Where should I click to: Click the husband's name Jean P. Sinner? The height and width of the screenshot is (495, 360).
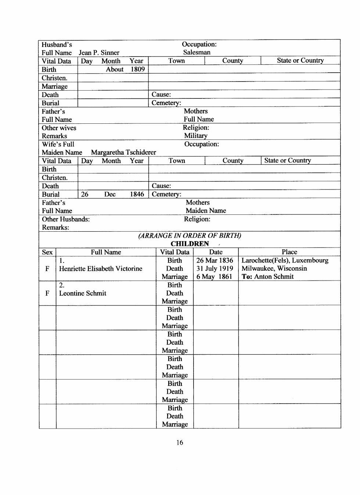point(99,53)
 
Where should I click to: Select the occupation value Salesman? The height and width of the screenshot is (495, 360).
point(197,53)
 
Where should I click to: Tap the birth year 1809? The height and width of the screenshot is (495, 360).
point(138,69)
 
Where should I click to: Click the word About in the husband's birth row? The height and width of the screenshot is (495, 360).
point(115,69)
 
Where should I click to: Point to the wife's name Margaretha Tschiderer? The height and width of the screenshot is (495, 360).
point(123,152)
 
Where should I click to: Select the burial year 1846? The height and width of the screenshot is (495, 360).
point(137,194)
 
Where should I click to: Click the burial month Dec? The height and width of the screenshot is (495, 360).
point(110,194)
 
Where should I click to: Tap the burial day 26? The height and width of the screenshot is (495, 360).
point(84,194)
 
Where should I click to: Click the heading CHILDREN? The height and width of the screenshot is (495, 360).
point(190,244)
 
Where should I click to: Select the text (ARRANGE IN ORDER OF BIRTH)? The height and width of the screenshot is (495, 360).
point(190,236)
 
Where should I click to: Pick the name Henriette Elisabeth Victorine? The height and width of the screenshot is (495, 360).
point(101,269)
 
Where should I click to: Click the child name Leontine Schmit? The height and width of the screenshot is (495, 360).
point(83,293)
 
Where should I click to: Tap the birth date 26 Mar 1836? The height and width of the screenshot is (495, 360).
point(215,261)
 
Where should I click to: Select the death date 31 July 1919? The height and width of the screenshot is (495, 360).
point(215,269)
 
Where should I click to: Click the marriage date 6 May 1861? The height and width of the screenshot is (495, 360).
point(214,277)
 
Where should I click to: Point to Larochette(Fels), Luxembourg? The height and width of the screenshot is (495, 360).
point(285,261)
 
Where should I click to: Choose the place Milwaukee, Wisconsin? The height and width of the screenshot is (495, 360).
point(274,269)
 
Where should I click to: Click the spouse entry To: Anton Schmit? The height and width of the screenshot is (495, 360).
point(267,277)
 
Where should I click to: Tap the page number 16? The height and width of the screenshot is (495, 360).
point(180,442)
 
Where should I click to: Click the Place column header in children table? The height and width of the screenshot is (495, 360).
point(289,252)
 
